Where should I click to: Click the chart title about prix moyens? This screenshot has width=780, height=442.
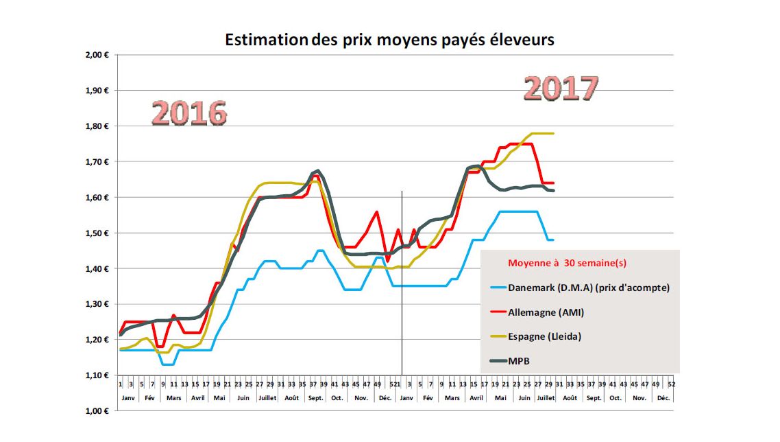click(389, 40)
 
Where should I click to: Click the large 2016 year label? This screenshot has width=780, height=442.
click(188, 113)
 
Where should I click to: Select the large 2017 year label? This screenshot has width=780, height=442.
click(561, 89)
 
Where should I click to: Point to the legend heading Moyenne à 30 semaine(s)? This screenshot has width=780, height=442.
click(567, 263)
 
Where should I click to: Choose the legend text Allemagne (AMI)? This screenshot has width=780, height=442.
click(546, 312)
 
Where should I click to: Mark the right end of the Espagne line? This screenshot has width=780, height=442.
click(552, 133)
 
